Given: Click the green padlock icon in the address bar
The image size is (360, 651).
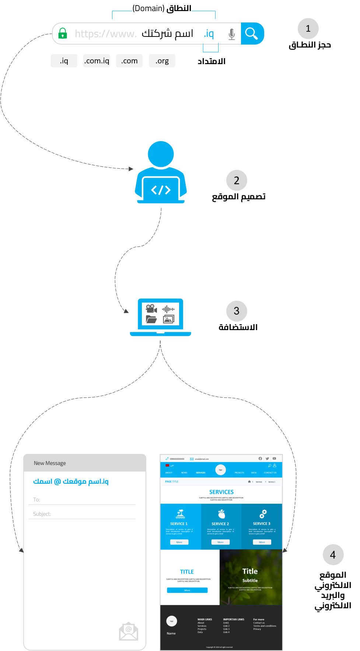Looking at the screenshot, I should coord(63,34).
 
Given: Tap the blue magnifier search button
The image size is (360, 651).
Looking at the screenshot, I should coord(252,34).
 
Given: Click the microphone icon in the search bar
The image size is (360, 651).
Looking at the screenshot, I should coord(231,34).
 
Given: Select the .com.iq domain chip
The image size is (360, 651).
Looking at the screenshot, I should coord(97,61).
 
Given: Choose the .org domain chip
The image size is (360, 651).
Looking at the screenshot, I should coord(162,61).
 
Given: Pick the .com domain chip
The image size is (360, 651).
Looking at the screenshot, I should coord(129,61).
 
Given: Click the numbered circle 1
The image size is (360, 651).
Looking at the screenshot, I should coord(308,29).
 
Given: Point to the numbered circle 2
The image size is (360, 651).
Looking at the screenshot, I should coord(237,180).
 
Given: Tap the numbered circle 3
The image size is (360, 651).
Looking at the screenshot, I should coord(237,311).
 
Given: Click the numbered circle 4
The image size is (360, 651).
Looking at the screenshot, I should coord(333,554).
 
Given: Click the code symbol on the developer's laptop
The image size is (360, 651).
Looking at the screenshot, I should coord(161,190).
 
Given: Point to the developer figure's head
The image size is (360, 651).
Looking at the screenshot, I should coord(161,154).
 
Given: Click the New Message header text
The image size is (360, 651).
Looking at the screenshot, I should coord(50,463).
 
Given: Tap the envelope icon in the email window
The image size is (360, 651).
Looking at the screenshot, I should coord(129,631).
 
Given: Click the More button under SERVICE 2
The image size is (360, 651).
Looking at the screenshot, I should coord(220,542).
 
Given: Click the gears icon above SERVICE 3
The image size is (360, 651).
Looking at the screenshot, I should coord(262,514).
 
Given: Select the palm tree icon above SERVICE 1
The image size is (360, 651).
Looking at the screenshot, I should coord(180,514).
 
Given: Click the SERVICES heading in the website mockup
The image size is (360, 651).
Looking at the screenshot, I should coord(221,492).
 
